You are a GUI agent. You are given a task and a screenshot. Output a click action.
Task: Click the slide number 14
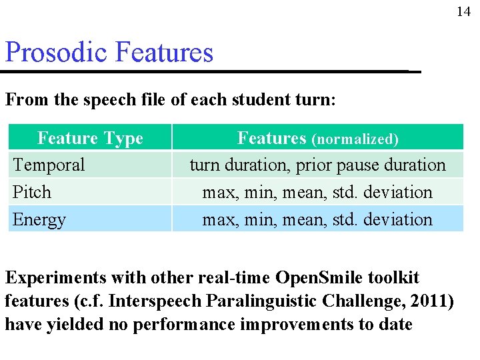click(x=463, y=11)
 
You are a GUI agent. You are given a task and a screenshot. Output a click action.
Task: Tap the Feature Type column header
click(x=90, y=138)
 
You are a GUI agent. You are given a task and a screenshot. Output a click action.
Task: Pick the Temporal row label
click(x=49, y=165)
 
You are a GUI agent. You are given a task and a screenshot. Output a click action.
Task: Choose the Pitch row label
click(x=32, y=192)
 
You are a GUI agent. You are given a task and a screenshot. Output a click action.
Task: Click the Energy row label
click(x=39, y=219)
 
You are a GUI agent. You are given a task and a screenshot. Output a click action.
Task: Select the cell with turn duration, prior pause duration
click(x=317, y=165)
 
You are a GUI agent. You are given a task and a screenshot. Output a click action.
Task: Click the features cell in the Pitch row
click(x=317, y=192)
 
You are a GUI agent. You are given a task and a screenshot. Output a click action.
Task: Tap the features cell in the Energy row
click(x=317, y=219)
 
